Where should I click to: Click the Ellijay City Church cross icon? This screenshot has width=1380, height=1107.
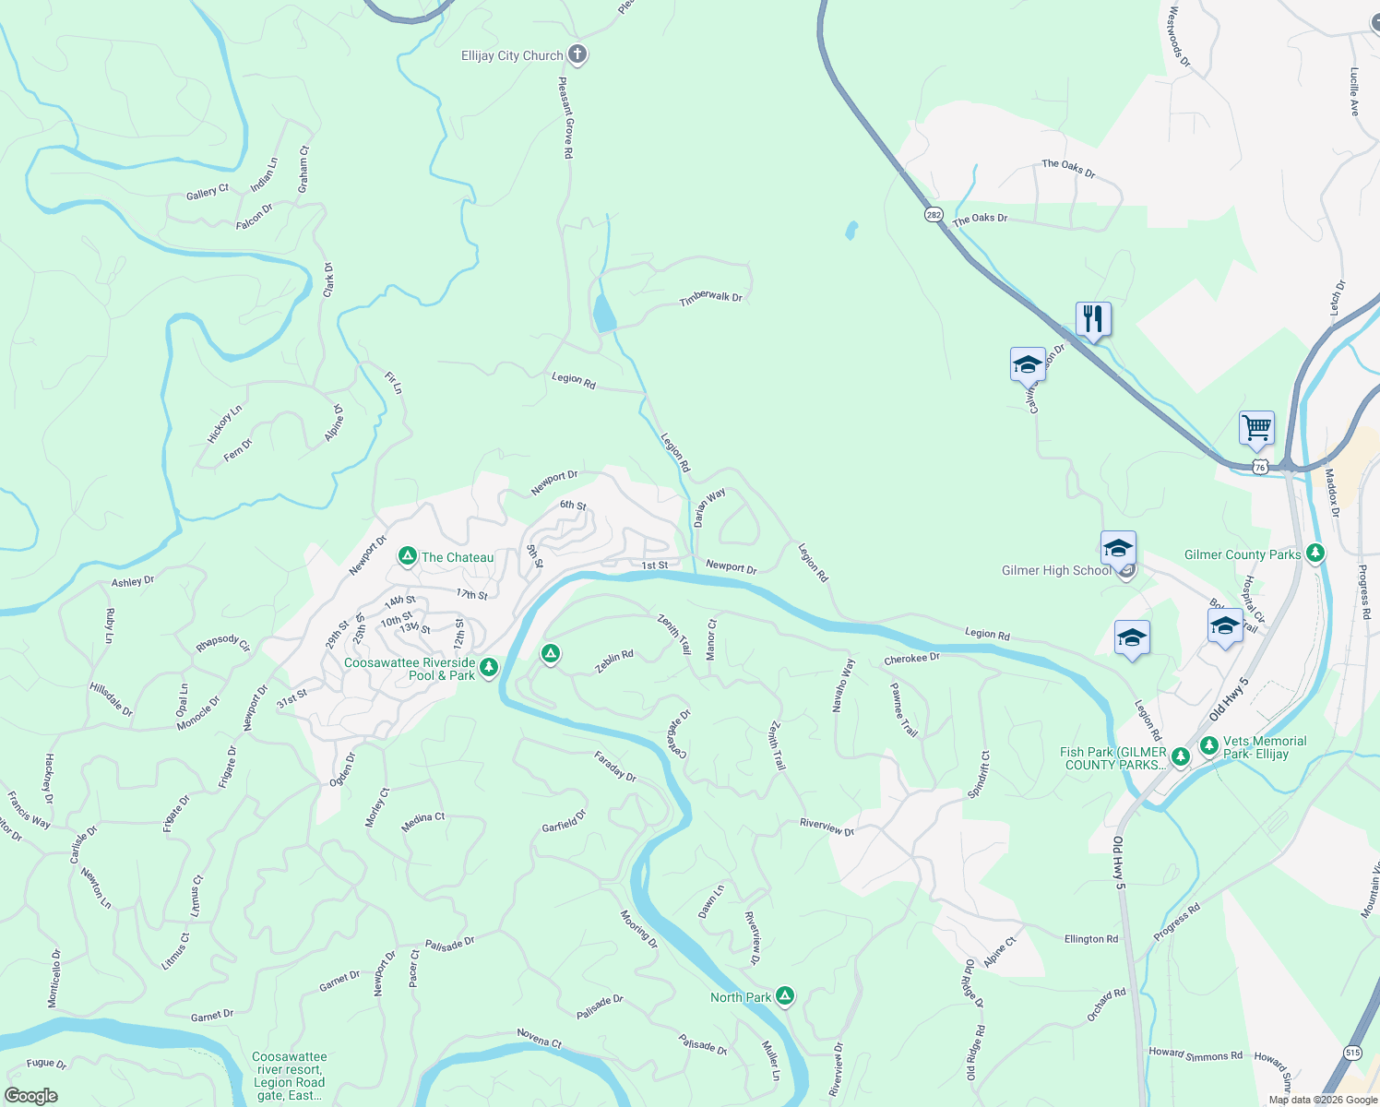pyautogui.click(x=577, y=54)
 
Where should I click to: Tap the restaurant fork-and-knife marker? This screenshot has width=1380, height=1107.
pyautogui.click(x=1093, y=319)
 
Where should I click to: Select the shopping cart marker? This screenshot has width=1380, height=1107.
pyautogui.click(x=1256, y=428)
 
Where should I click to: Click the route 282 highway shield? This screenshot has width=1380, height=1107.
pyautogui.click(x=934, y=214)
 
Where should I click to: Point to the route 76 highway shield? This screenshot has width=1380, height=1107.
pyautogui.click(x=1260, y=467)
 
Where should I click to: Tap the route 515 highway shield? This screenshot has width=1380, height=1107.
pyautogui.click(x=1352, y=1053)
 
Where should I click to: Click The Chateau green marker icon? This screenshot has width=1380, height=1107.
pyautogui.click(x=407, y=556)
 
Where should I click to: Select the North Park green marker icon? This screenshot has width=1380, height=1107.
pyautogui.click(x=785, y=995)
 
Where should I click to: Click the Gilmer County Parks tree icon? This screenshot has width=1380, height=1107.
pyautogui.click(x=1315, y=553)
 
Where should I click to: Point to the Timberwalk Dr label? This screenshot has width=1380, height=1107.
pyautogui.click(x=710, y=298)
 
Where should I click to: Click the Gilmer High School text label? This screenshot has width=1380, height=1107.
pyautogui.click(x=1056, y=571)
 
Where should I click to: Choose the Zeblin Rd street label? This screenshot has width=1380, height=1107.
pyautogui.click(x=614, y=661)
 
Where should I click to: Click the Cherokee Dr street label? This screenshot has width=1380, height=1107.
pyautogui.click(x=911, y=659)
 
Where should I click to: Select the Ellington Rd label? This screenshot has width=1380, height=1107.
pyautogui.click(x=1090, y=939)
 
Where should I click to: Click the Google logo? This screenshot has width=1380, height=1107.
pyautogui.click(x=30, y=1096)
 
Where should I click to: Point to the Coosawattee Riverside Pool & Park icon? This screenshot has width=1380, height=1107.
pyautogui.click(x=489, y=667)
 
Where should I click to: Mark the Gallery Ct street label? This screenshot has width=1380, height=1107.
pyautogui.click(x=208, y=192)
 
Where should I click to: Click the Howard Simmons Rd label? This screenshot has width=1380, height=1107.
pyautogui.click(x=1196, y=1053)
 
